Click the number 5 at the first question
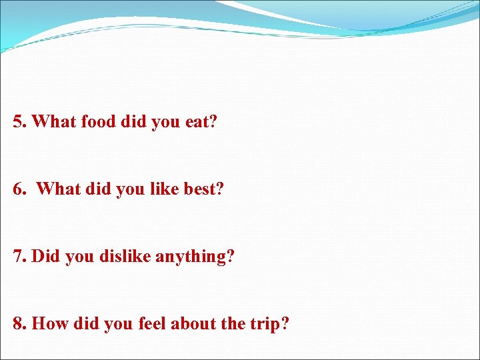click(18, 122)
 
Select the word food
click(99, 122)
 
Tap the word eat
click(198, 122)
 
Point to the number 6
click(18, 189)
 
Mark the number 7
click(18, 257)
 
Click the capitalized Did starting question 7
click(46, 257)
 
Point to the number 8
click(18, 324)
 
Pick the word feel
click(151, 324)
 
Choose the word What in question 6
click(58, 189)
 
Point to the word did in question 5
click(136, 122)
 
